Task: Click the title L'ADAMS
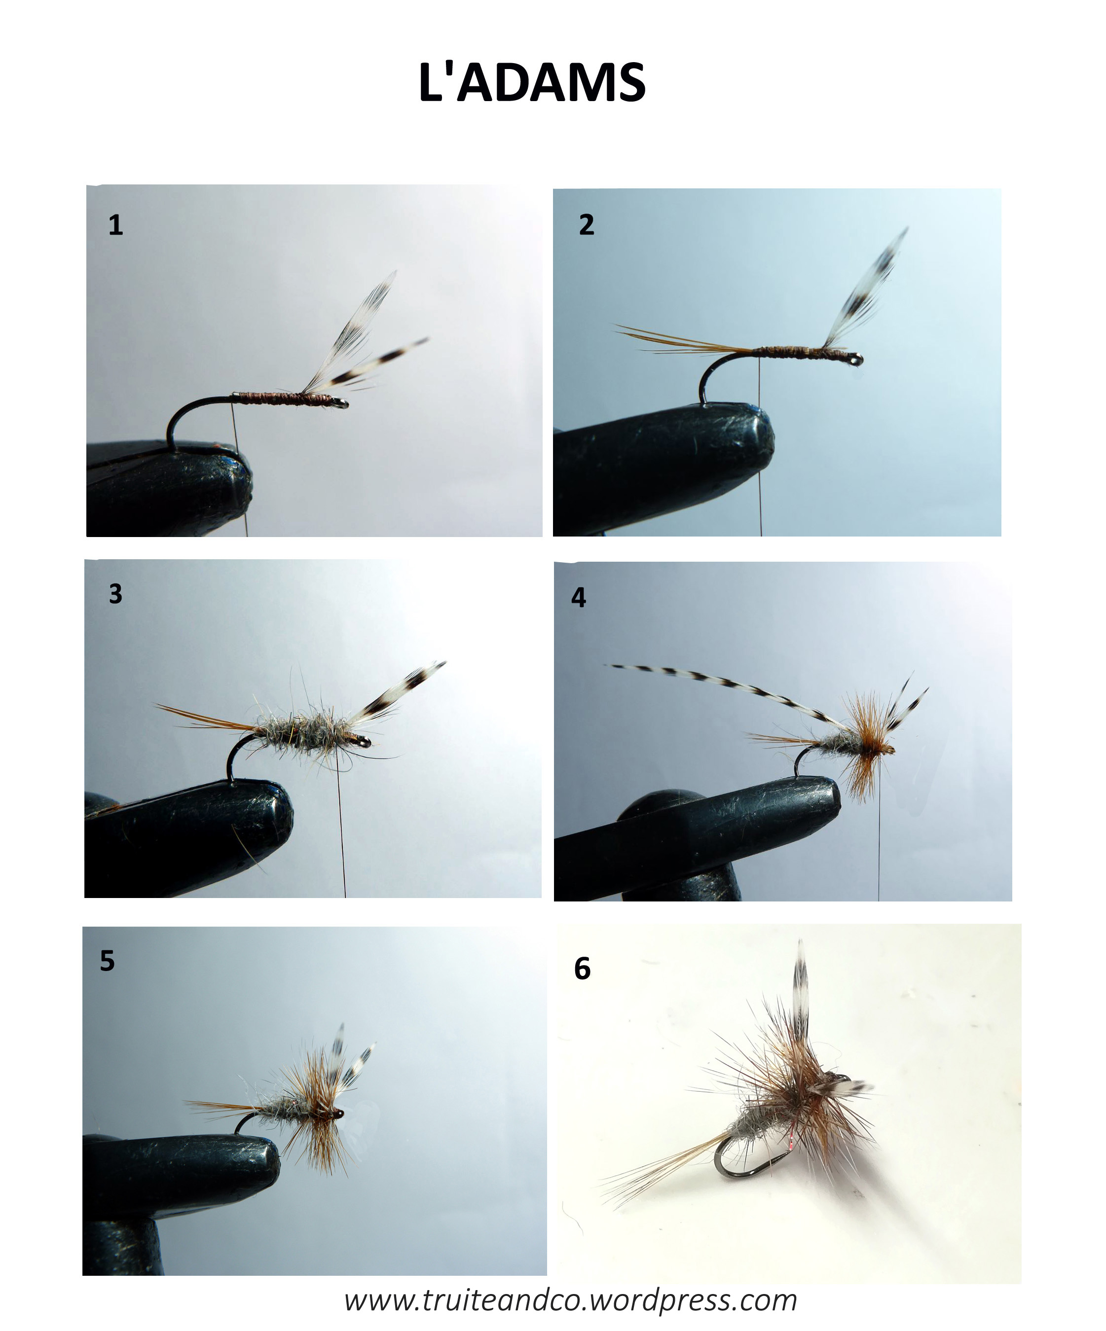pyautogui.click(x=531, y=82)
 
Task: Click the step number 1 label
pyautogui.click(x=115, y=225)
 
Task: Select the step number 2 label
pyautogui.click(x=587, y=225)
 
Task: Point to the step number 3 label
pyautogui.click(x=115, y=594)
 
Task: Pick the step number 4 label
pyautogui.click(x=578, y=598)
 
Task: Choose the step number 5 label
pyautogui.click(x=107, y=961)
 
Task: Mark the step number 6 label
pyautogui.click(x=582, y=969)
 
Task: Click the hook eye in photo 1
pyautogui.click(x=342, y=403)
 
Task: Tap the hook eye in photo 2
pyautogui.click(x=857, y=360)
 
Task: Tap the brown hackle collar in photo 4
pyautogui.click(x=864, y=751)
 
